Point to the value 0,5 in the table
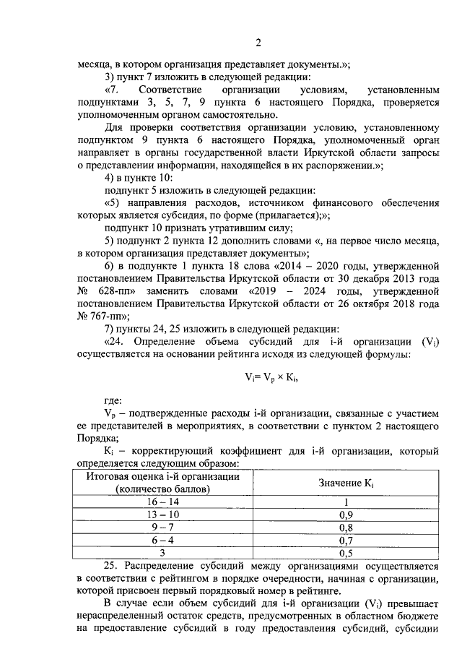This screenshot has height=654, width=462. click(346, 553)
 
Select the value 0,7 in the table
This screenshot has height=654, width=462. click(346, 540)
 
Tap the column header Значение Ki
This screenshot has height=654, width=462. click(346, 483)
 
